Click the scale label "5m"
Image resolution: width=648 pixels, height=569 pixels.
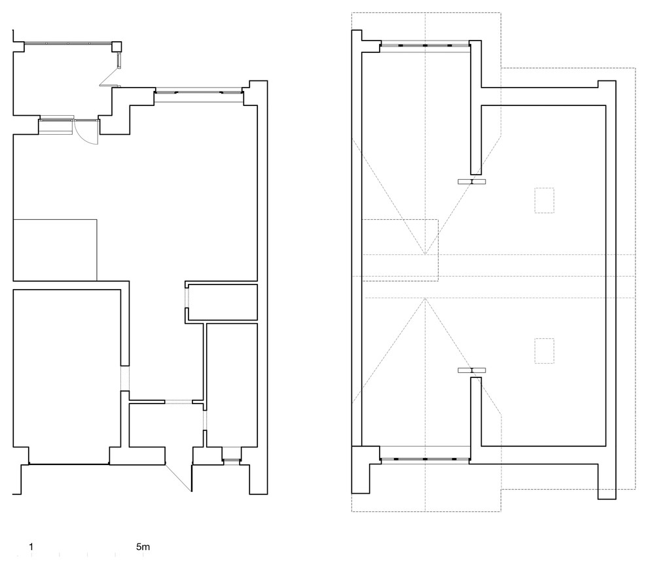143,547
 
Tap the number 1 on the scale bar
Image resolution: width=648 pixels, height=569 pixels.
31,547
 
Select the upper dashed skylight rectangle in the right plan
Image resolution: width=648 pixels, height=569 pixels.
545,200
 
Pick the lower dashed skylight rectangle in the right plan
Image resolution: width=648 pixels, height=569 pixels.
545,351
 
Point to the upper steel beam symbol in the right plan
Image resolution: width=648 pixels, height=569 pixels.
471,182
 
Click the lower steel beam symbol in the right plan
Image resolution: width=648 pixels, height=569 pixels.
471,370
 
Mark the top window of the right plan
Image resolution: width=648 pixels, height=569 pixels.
425,45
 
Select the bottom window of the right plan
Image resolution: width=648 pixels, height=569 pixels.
425,459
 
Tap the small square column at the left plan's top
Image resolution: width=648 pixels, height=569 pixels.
117,46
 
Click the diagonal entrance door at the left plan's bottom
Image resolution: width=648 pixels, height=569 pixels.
179,477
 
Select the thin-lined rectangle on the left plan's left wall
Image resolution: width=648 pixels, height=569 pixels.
56,250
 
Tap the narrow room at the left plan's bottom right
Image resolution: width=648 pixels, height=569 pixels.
232,385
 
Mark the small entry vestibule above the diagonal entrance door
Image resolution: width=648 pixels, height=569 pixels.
166,425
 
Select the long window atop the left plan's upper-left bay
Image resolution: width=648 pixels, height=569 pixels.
68,43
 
